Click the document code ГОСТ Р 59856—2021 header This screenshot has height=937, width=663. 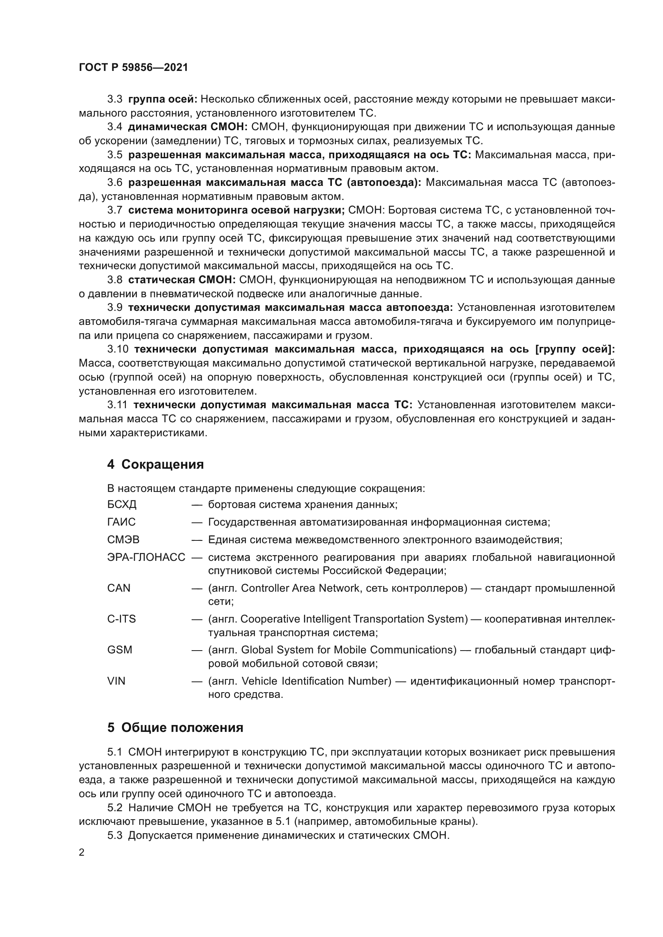pos(133,68)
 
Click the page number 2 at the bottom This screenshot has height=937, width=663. pos(82,852)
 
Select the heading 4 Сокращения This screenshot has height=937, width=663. pos(155,464)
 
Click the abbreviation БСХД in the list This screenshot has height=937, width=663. pos(122,505)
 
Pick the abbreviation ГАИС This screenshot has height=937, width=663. pos(121,522)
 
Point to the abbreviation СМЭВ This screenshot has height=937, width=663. pos(123,540)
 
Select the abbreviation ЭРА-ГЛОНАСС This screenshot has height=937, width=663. pos(146,558)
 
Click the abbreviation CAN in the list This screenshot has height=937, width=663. pos(119,588)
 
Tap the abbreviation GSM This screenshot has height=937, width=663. pos(119,650)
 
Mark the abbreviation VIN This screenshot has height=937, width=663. pos(116,681)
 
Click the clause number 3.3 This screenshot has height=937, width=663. pos(115,99)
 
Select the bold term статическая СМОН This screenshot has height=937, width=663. pos(182,280)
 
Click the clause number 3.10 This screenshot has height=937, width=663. pos(117,349)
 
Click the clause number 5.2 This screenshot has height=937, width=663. pos(115,808)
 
